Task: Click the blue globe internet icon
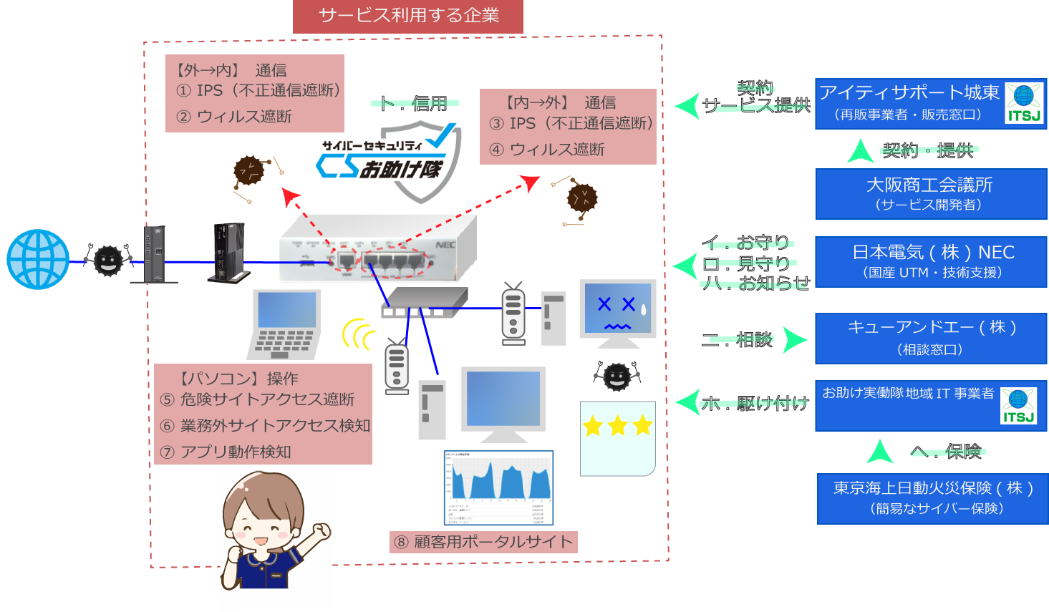click(38, 259)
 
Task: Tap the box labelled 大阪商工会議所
click(931, 193)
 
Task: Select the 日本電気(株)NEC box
click(931, 261)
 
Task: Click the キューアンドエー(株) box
click(931, 337)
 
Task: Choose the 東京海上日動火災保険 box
click(932, 497)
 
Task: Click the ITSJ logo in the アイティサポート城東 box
click(1024, 103)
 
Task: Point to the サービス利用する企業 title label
click(408, 16)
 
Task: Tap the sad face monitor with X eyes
click(617, 309)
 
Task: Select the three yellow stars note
click(617, 437)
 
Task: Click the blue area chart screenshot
click(498, 487)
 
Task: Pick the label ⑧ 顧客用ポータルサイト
click(484, 542)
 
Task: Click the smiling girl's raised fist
click(322, 530)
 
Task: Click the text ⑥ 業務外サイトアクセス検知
click(265, 426)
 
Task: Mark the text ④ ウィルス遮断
click(547, 150)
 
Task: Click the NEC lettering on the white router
click(445, 245)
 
